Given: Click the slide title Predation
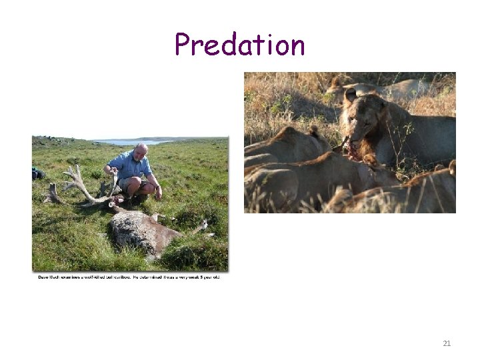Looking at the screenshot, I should tap(239, 45).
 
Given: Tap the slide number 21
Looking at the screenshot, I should tap(447, 343).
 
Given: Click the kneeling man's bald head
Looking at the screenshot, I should tap(141, 149).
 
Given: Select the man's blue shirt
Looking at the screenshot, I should tap(131, 166).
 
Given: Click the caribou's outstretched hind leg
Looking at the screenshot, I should tap(197, 229).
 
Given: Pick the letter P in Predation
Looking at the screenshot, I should tap(183, 45).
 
